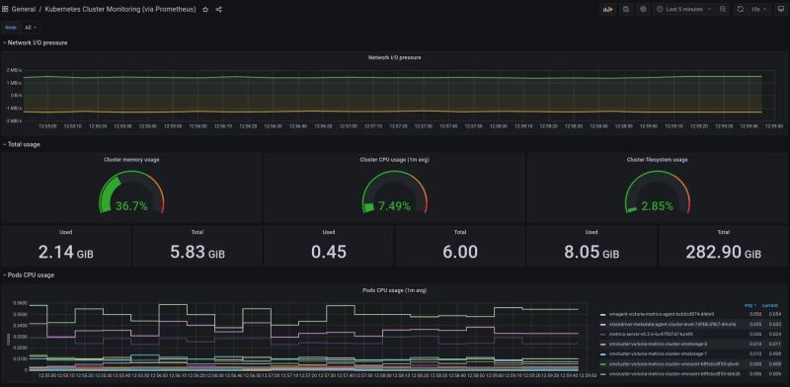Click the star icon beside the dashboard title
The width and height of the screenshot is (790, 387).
(x=205, y=9)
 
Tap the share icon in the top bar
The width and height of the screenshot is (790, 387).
(x=218, y=9)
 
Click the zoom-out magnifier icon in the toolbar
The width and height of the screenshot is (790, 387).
(x=723, y=9)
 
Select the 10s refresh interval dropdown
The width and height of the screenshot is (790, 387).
(x=759, y=9)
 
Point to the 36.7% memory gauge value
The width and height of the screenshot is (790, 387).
(x=131, y=206)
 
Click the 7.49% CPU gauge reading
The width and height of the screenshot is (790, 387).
(x=394, y=206)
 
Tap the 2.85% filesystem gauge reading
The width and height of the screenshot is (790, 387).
(x=657, y=206)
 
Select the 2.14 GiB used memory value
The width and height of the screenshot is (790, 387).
(x=65, y=252)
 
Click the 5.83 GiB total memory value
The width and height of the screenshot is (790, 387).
(x=197, y=252)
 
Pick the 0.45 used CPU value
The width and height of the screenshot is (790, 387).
(x=328, y=252)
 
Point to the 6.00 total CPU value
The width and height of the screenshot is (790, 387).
(x=459, y=252)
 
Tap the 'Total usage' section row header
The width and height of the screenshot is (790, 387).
(x=24, y=144)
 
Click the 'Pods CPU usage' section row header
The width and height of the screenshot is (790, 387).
(x=30, y=274)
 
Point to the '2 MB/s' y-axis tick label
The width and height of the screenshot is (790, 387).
(x=15, y=70)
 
